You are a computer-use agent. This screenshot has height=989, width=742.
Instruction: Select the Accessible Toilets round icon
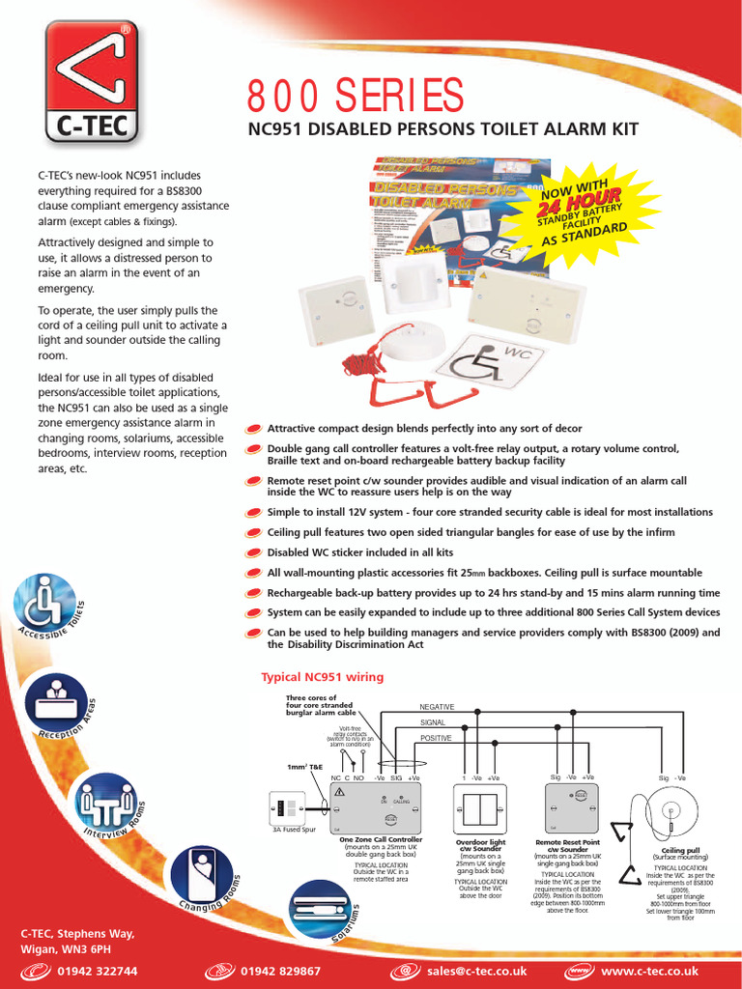click(x=44, y=605)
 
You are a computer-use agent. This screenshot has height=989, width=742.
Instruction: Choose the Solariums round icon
click(x=320, y=911)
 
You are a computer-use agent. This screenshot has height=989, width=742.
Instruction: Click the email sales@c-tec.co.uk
click(x=477, y=971)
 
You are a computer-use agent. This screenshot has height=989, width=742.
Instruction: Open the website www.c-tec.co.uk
click(x=648, y=971)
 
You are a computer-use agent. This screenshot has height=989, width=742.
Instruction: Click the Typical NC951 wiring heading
click(x=323, y=677)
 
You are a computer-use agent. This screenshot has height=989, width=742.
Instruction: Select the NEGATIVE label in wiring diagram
click(x=437, y=707)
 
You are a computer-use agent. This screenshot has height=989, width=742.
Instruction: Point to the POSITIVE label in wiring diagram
click(x=436, y=738)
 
